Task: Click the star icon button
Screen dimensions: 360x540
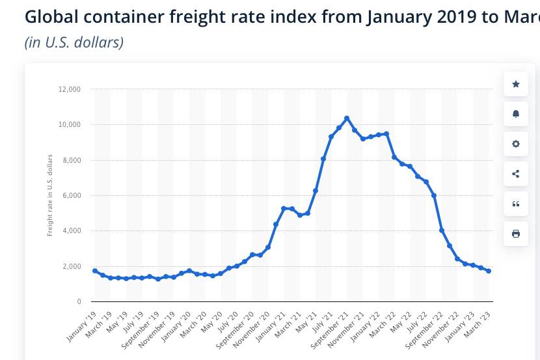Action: tap(516, 84)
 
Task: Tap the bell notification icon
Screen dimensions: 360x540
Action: tap(516, 114)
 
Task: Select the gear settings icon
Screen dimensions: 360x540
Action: tap(516, 144)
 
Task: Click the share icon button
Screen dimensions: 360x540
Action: tap(516, 174)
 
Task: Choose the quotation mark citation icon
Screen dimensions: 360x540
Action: tap(516, 204)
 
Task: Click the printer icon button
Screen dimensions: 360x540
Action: tap(516, 234)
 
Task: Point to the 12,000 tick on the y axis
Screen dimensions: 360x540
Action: tap(70, 89)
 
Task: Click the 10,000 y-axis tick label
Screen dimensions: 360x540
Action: tap(70, 124)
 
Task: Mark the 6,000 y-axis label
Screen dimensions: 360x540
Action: tap(71, 195)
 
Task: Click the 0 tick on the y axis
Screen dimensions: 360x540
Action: tap(78, 301)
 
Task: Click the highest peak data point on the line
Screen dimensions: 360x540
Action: tap(347, 118)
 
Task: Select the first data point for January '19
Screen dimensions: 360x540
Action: tap(95, 271)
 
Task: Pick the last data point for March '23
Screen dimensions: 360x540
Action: tap(489, 271)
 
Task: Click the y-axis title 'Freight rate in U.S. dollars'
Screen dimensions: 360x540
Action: tap(50, 195)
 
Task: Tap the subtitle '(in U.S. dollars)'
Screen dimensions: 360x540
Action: tap(74, 43)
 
